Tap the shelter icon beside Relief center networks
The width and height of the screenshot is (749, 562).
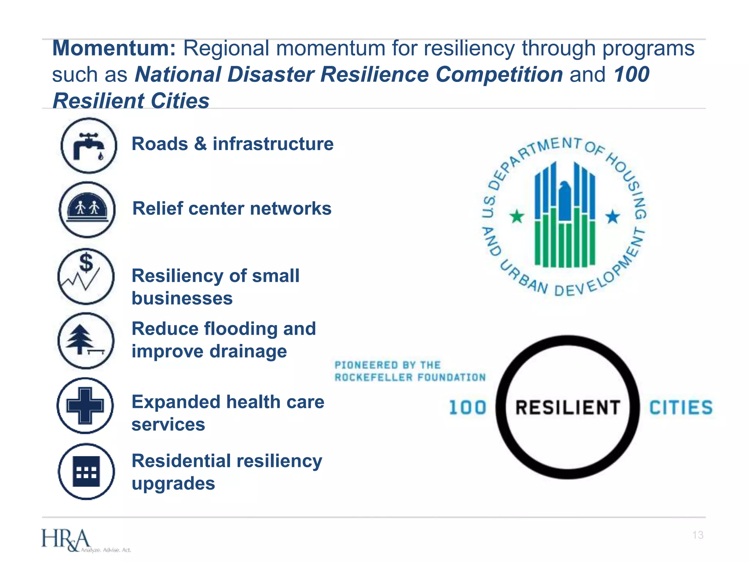point(87,210)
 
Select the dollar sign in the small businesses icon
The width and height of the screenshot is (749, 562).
point(86,262)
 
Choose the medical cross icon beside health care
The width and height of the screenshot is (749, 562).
point(85,405)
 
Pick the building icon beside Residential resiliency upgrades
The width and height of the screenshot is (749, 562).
point(86,471)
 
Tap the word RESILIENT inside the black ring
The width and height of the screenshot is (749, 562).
point(567,408)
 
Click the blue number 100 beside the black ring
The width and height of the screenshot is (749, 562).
point(467,408)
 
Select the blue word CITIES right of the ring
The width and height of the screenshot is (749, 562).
point(681,408)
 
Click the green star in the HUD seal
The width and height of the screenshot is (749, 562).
point(517,217)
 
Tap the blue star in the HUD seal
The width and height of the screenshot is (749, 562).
point(613,217)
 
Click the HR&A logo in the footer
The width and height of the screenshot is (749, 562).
point(66,540)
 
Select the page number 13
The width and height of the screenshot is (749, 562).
point(697,535)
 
